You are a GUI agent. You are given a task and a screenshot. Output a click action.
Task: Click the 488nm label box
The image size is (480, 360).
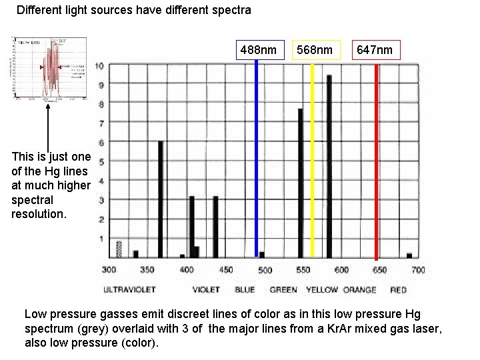click(258, 50)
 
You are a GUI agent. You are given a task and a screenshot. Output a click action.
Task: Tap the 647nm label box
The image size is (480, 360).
click(375, 50)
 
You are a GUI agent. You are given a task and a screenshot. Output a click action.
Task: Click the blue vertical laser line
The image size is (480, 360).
click(257, 160)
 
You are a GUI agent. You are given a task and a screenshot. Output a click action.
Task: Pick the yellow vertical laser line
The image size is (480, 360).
click(313, 160)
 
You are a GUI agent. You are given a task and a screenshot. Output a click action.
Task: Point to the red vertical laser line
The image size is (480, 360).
click(376, 160)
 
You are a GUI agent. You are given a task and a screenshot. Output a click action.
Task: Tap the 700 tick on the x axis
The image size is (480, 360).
click(418, 270)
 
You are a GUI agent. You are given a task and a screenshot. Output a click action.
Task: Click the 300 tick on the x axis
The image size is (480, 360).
click(109, 270)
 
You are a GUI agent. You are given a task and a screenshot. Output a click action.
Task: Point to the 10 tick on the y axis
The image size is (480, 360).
click(99, 66)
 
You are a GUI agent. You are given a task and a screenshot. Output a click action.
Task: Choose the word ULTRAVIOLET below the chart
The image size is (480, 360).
click(129, 290)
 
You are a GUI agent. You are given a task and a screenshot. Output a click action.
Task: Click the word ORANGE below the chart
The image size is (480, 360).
click(360, 290)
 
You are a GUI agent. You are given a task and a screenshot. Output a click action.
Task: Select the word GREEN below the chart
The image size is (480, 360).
click(283, 290)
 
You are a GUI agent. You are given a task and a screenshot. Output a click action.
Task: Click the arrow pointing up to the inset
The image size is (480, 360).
click(48, 127)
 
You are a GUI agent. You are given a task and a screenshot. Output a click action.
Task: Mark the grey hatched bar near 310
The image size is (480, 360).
click(119, 249)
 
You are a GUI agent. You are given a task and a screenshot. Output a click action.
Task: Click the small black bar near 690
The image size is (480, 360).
click(409, 255)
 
